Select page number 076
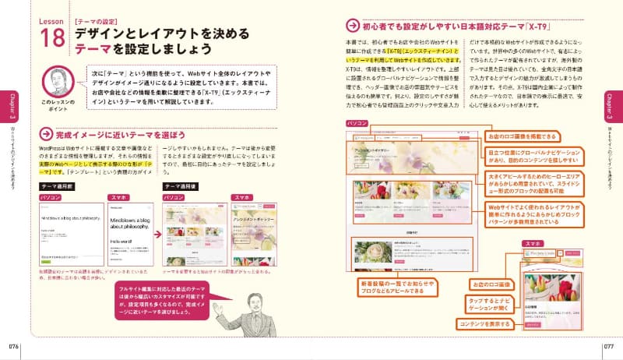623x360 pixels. [15, 345]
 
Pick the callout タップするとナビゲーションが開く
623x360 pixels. [484, 300]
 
